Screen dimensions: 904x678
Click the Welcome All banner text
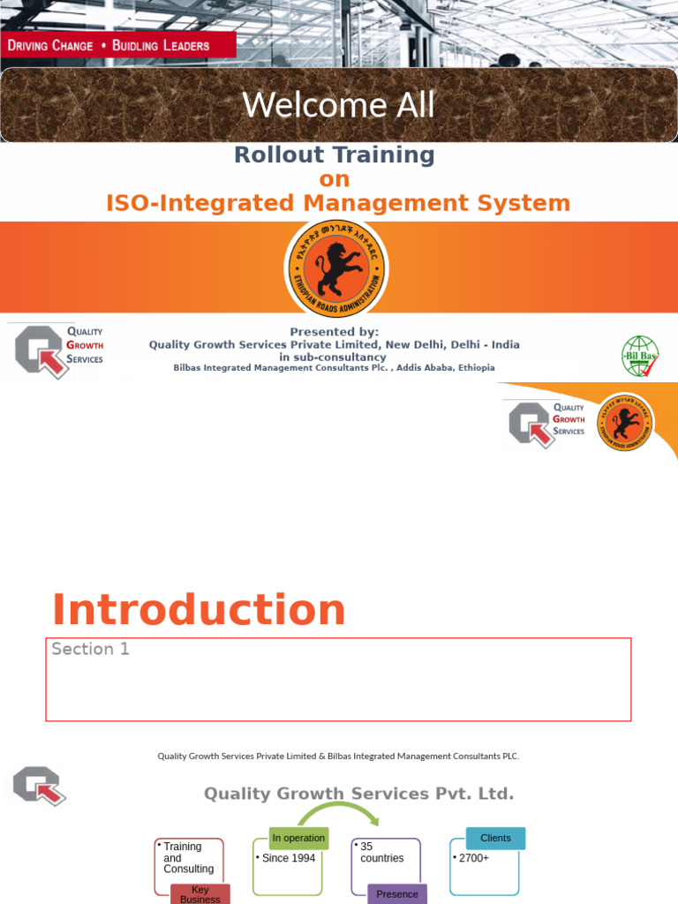(x=339, y=105)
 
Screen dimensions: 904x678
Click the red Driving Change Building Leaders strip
(x=117, y=45)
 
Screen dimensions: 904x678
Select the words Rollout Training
(x=334, y=155)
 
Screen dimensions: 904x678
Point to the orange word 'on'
(x=335, y=179)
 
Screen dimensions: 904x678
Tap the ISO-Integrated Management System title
(x=338, y=204)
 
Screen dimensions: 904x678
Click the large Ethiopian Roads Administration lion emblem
(x=335, y=267)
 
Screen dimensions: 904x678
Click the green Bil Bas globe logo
(x=639, y=356)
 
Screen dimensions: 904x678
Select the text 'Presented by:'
(x=334, y=332)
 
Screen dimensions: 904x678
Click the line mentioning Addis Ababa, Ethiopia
(x=334, y=368)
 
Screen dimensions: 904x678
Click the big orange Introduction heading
(x=199, y=610)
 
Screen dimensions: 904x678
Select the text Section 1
(x=90, y=650)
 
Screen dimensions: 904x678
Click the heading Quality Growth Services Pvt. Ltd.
(x=358, y=794)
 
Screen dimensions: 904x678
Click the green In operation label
(x=298, y=838)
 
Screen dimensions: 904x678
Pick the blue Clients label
(x=495, y=838)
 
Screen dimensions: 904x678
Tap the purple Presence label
(x=397, y=893)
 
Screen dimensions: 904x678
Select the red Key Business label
(x=200, y=894)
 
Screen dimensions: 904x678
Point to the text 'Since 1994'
(x=289, y=858)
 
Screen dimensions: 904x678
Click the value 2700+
(x=473, y=858)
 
